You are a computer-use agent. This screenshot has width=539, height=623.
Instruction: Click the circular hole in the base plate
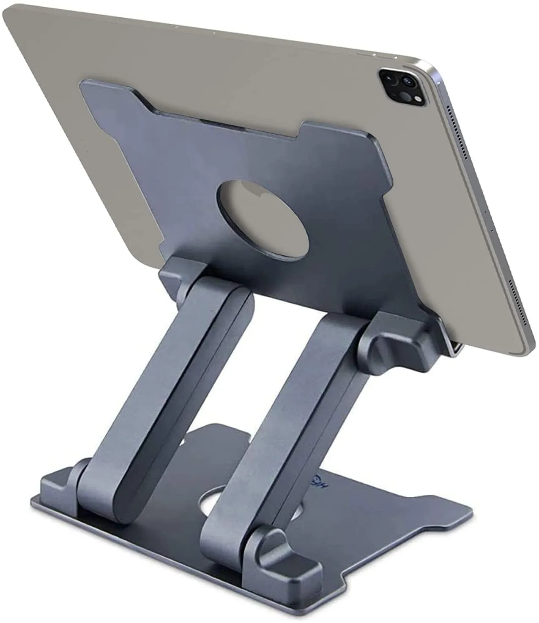220,503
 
